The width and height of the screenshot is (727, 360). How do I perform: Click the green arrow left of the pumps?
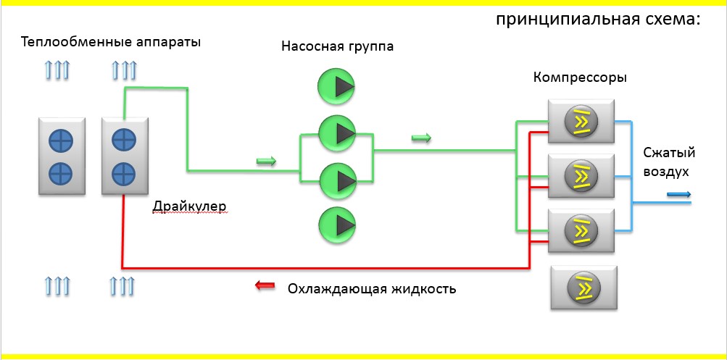[x=267, y=162]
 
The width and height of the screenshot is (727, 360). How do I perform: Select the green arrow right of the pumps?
[x=421, y=138]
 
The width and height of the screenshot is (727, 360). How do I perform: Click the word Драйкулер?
[x=189, y=206]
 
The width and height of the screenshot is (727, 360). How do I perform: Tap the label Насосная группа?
[x=338, y=47]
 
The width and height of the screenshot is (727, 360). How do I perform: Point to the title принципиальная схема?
[x=598, y=20]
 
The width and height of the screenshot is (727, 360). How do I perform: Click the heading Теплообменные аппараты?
[x=111, y=41]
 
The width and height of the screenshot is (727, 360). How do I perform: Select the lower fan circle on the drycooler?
[x=124, y=173]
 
